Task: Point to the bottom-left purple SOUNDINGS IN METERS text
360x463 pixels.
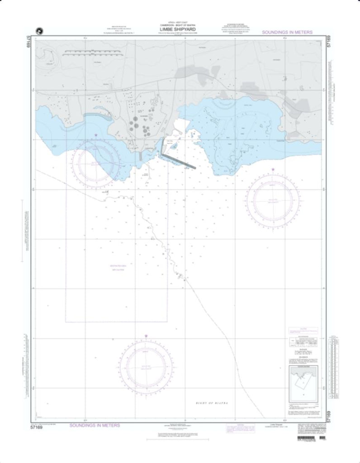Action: click(95, 425)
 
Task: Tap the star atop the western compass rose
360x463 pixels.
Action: click(96, 135)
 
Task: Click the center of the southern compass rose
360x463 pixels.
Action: click(146, 364)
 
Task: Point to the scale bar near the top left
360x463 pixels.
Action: click(92, 53)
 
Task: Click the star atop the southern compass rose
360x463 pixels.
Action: click(146, 335)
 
